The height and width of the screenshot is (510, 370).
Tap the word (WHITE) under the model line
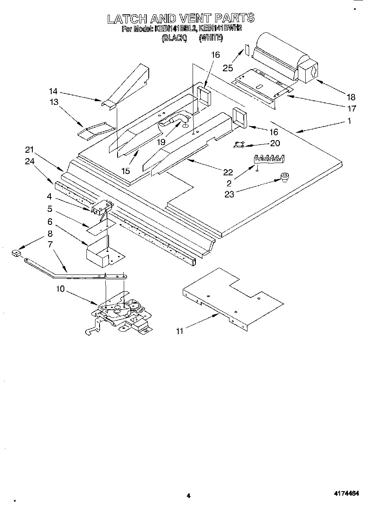point(211,38)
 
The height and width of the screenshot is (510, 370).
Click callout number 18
point(351,97)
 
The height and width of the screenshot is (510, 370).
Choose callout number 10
point(60,289)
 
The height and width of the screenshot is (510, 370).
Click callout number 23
point(229,194)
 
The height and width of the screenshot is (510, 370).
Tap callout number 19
point(160,142)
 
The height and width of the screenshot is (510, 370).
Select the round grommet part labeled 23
point(284,177)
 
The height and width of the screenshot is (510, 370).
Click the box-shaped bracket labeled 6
point(102,251)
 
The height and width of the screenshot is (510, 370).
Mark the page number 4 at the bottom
point(188,495)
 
